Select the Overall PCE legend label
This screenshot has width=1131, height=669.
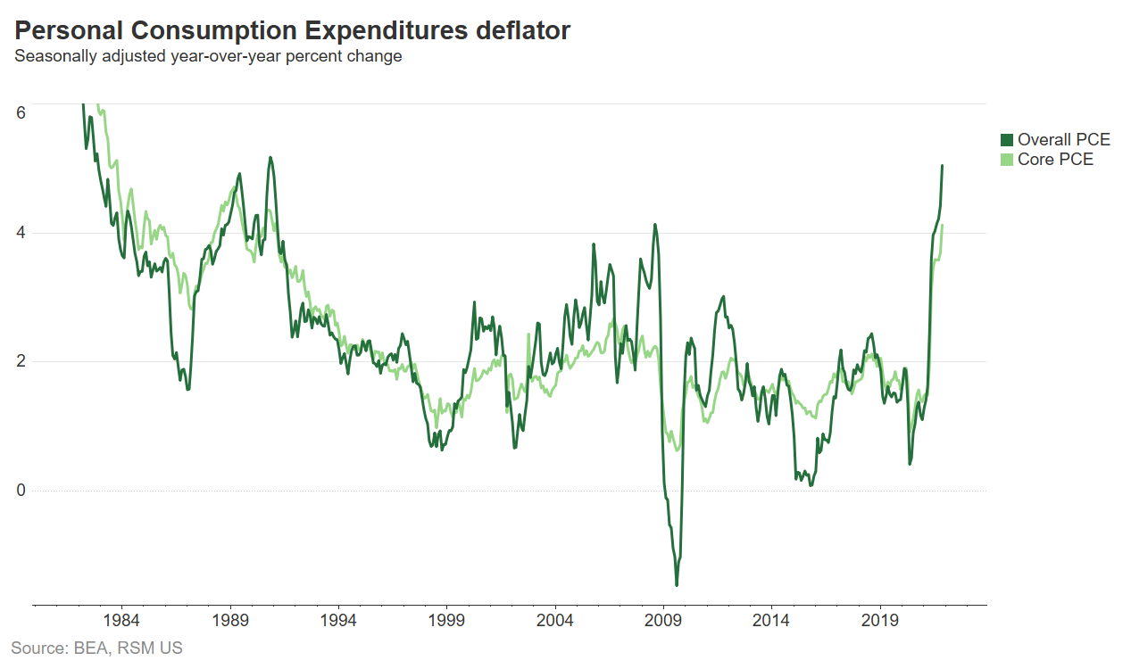tap(1064, 140)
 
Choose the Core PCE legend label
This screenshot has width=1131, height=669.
tap(1055, 160)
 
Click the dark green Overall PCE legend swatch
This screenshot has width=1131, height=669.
tap(1007, 140)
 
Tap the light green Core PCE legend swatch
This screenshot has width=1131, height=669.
tap(1007, 160)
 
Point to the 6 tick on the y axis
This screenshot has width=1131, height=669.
tap(21, 112)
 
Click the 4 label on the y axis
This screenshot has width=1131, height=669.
tap(21, 234)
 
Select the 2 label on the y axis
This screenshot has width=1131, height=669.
tap(21, 362)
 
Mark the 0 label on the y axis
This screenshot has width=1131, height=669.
tap(21, 491)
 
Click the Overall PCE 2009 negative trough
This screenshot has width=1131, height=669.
tap(677, 585)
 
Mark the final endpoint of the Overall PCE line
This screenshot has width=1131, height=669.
tap(942, 166)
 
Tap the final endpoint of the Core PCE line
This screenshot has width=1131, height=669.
tap(942, 226)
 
